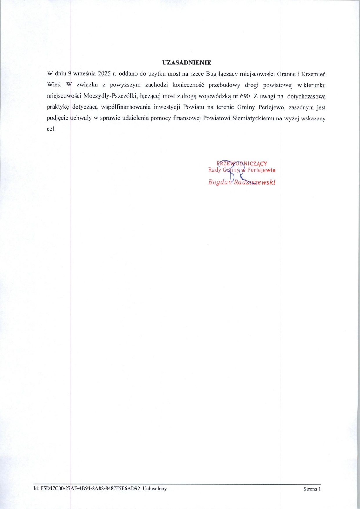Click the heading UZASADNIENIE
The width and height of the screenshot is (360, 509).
coord(187,62)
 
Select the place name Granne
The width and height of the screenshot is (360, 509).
coord(286,74)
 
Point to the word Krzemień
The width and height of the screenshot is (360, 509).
coord(314,74)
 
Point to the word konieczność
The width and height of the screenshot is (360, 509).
coord(189,85)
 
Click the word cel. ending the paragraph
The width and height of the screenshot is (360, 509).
coord(51,129)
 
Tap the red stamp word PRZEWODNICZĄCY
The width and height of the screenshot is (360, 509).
coord(242,164)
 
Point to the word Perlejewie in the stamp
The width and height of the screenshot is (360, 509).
coord(261,170)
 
